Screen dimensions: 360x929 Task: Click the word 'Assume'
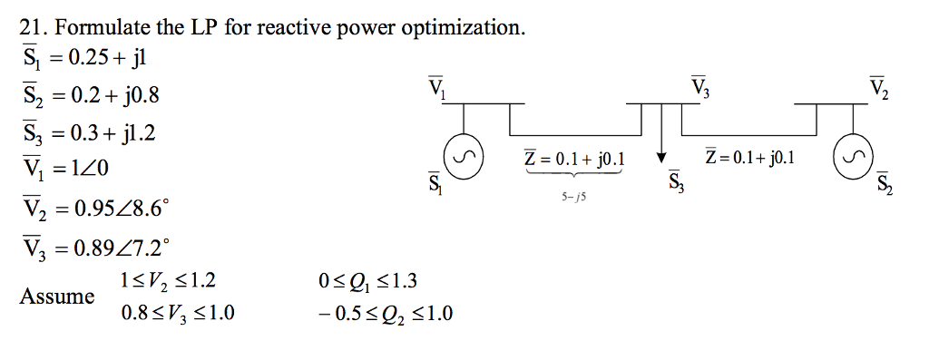[x=57, y=297]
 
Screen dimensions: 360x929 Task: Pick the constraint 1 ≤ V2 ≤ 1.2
[x=168, y=280]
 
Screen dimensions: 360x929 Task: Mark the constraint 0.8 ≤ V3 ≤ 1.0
[x=177, y=315]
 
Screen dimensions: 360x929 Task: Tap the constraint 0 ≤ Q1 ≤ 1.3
[x=363, y=280]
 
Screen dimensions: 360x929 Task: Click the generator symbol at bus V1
[x=464, y=158]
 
